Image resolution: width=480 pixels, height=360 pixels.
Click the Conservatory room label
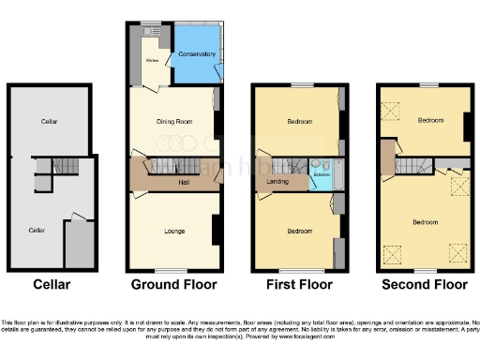[197, 54]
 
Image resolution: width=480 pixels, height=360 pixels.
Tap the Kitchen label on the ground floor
[151, 61]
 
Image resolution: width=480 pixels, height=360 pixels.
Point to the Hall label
[185, 182]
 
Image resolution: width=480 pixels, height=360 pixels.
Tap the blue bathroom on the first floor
[323, 175]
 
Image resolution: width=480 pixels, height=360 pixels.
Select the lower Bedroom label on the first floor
[300, 231]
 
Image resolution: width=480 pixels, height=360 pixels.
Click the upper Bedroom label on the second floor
[430, 120]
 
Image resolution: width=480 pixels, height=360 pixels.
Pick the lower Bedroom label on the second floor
[426, 221]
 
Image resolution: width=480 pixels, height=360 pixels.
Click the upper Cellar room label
[50, 122]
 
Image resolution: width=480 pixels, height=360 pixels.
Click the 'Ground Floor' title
[173, 284]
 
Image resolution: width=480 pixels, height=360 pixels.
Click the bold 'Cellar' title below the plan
[51, 284]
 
